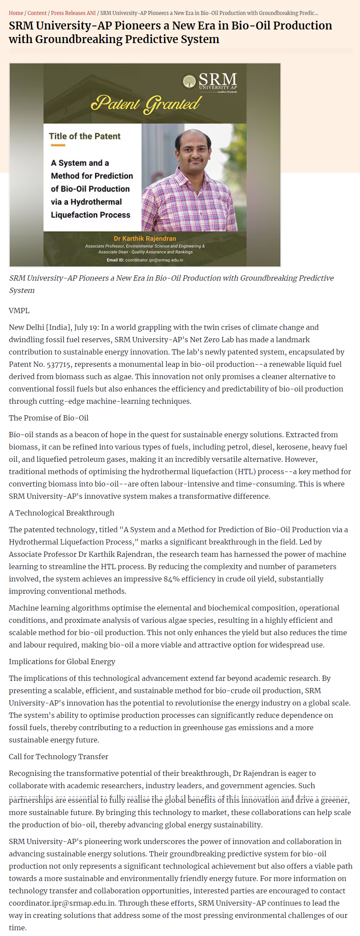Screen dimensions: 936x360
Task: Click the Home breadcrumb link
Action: [16, 13]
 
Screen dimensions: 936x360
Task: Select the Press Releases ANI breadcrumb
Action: [73, 13]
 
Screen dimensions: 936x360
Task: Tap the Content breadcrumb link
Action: [37, 13]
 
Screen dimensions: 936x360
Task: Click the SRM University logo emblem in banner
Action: [189, 82]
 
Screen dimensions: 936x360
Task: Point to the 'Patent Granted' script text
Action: [145, 103]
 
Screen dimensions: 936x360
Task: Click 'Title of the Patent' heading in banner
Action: [84, 136]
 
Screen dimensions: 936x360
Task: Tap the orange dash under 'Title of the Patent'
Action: [58, 146]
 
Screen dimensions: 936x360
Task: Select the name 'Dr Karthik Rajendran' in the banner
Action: [145, 238]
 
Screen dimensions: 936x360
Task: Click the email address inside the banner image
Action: [154, 260]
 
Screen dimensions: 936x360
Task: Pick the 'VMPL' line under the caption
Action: [19, 311]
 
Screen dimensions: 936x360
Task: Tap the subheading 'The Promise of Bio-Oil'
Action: [48, 418]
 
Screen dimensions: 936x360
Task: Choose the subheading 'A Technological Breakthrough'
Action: [62, 513]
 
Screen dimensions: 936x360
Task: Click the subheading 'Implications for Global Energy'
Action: [62, 662]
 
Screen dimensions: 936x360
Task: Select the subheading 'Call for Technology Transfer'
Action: [58, 757]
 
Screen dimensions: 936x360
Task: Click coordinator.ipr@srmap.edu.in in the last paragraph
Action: [62, 903]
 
